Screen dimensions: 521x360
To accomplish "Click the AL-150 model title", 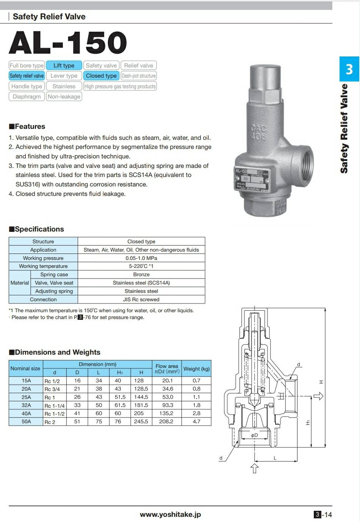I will point(68,42).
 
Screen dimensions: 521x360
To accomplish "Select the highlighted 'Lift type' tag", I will point(64,66).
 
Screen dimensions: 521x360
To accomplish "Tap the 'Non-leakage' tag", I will point(64,97).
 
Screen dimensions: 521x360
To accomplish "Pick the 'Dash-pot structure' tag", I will point(139,76).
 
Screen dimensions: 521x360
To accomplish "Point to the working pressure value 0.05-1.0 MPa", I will point(141,258).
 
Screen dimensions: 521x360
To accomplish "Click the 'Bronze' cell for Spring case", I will point(141,275).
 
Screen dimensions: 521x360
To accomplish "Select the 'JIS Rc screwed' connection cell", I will point(141,299).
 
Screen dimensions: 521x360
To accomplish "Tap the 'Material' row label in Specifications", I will point(20,283).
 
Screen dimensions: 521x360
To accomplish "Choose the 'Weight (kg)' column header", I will point(196,369).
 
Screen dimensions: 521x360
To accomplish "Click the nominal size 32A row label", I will point(26,405).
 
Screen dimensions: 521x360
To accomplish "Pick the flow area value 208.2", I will point(166,421).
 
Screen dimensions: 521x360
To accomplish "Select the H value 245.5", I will point(141,421).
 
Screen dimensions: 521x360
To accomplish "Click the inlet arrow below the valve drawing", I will point(255,468).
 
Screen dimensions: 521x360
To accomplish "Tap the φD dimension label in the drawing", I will point(254,435).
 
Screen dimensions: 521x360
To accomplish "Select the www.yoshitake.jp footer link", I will point(170,514).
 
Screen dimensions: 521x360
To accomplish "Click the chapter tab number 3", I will point(349,69).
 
